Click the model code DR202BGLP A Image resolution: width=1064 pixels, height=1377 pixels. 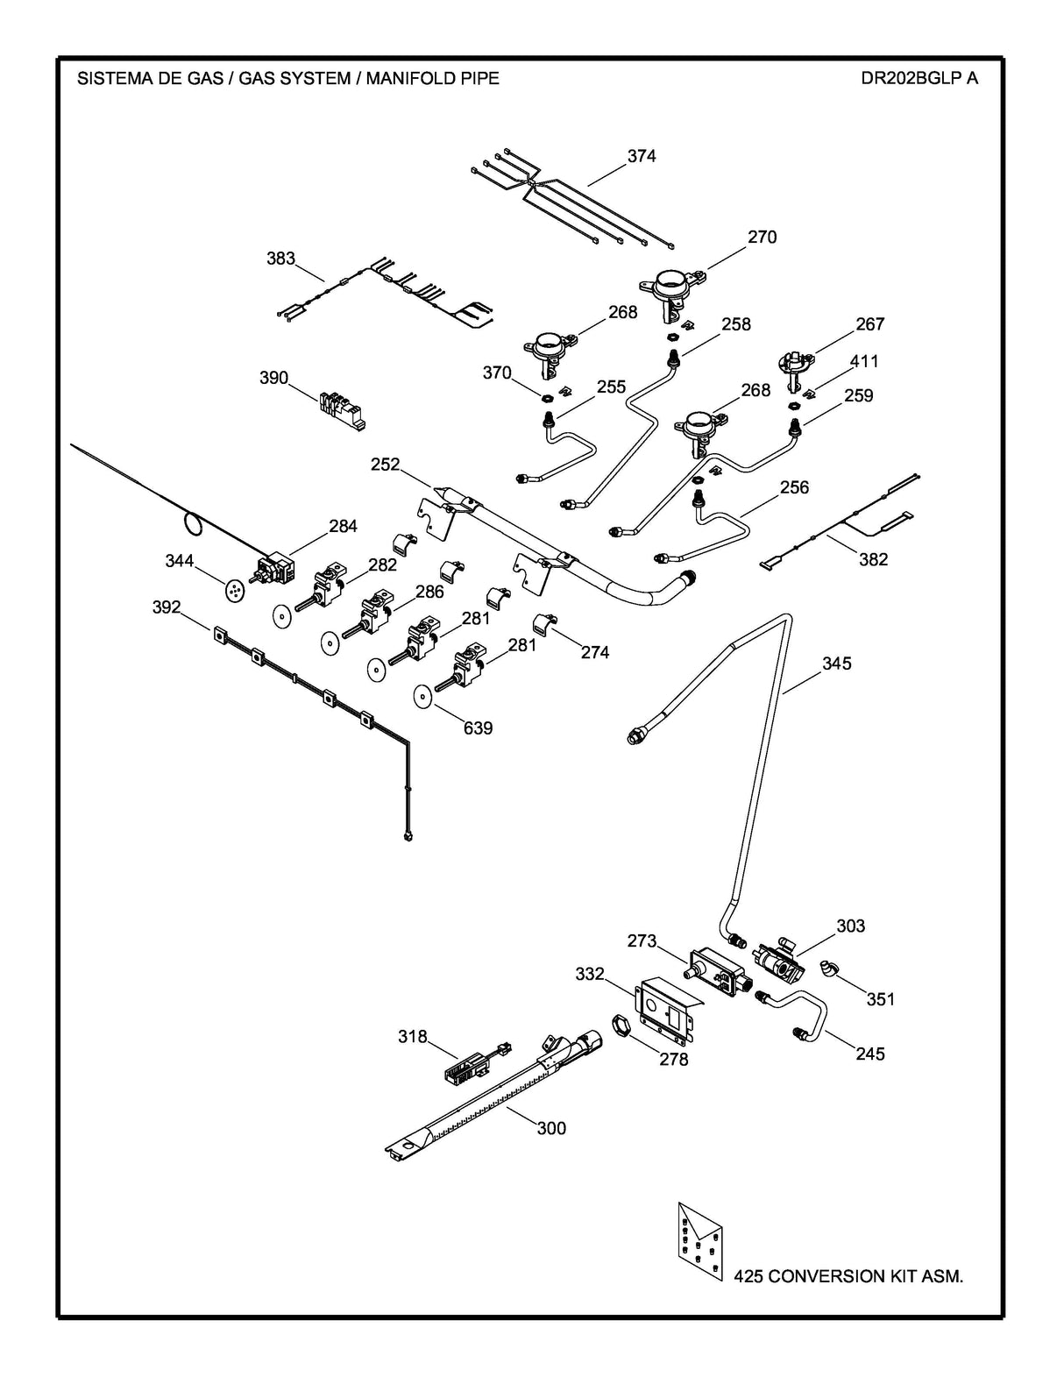click(x=919, y=78)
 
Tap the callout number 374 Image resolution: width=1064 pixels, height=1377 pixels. click(x=641, y=156)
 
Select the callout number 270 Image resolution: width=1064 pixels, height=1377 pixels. click(x=762, y=237)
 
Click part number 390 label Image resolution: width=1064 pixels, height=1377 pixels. click(x=273, y=378)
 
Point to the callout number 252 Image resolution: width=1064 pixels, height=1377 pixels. click(x=385, y=465)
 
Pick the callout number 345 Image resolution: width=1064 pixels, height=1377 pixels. click(x=836, y=664)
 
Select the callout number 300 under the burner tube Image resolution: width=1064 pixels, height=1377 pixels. click(x=551, y=1128)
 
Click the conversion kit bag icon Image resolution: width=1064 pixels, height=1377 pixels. click(x=699, y=1245)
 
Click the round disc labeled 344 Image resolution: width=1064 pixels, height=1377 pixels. click(x=235, y=592)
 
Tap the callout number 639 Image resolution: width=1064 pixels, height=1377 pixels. click(x=478, y=728)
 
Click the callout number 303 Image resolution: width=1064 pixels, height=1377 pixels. click(x=850, y=926)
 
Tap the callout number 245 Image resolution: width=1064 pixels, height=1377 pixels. click(x=870, y=1054)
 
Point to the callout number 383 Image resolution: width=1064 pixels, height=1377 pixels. click(x=280, y=259)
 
